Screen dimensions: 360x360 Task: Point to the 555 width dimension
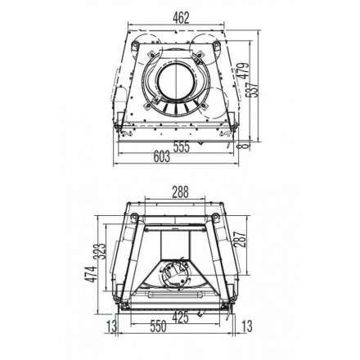[x=180, y=146]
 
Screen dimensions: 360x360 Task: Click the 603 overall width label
[x=161, y=157]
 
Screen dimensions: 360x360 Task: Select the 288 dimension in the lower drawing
[x=180, y=193]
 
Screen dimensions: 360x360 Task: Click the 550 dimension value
[x=158, y=325]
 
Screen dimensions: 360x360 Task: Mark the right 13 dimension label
[x=247, y=326]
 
